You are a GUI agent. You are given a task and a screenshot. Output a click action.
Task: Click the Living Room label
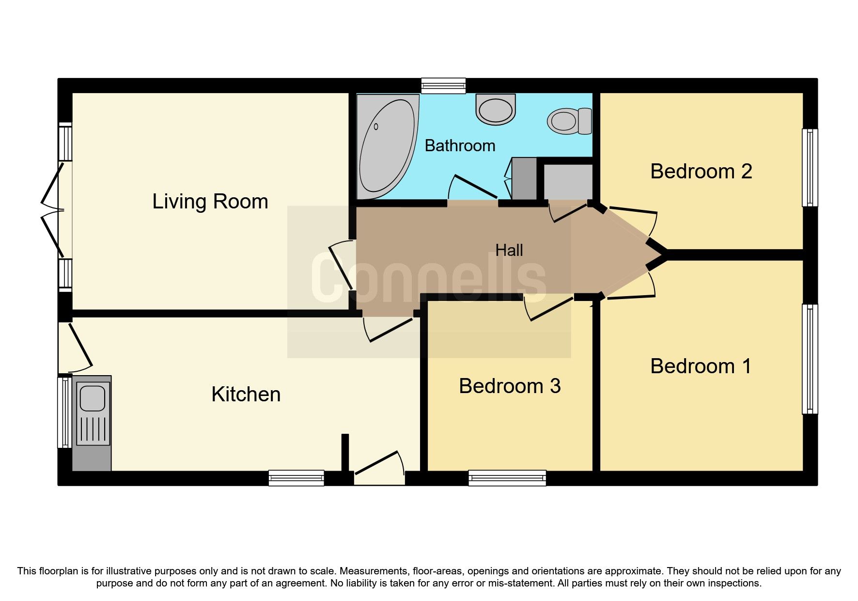pos(210,202)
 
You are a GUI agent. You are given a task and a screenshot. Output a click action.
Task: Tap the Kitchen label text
pos(246,395)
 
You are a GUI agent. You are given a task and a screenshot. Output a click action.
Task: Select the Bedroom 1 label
pos(701,366)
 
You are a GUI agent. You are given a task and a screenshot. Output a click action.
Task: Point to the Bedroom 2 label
pos(701,172)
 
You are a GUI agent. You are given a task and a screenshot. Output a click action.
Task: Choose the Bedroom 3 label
pos(510,386)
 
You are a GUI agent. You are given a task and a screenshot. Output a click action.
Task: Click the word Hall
pos(509,251)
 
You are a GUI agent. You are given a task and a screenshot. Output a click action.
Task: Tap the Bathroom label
pos(460,146)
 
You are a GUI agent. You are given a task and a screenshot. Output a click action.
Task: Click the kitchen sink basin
pos(92,398)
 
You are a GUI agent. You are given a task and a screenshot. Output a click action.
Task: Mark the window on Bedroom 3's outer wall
pos(507,478)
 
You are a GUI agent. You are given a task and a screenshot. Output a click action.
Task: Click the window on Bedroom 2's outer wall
pos(810,167)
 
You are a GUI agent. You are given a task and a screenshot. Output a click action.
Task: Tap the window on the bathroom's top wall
pos(443,86)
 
